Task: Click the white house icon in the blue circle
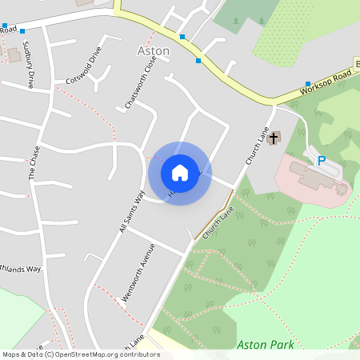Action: (180, 172)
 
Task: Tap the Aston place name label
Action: (154, 50)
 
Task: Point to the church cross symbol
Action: (274, 138)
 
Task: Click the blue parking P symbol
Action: (322, 161)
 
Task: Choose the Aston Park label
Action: (266, 345)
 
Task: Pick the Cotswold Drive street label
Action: (85, 66)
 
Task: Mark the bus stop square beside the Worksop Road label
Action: (308, 84)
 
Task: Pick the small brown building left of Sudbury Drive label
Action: (13, 55)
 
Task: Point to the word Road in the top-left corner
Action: (8, 30)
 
